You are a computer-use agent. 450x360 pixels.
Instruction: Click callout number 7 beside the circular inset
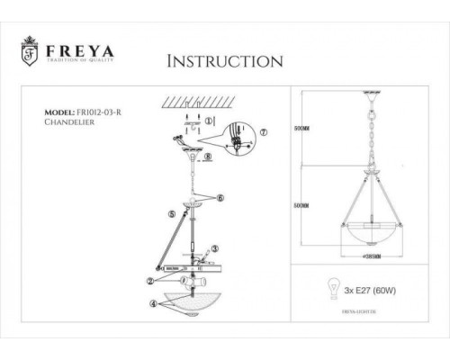point(263,132)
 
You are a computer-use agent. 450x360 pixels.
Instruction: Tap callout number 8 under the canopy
point(209,156)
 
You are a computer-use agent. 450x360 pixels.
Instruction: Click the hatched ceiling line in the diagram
point(184,102)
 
